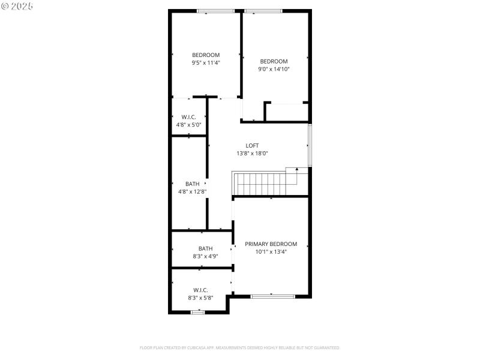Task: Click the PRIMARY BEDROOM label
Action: pyautogui.click(x=271, y=244)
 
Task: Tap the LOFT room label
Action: pyautogui.click(x=252, y=145)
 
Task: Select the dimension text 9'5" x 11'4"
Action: pyautogui.click(x=206, y=62)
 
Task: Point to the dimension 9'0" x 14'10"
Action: pyautogui.click(x=274, y=69)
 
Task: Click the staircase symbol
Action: pyautogui.click(x=259, y=184)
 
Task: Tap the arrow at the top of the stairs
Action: pyautogui.click(x=296, y=170)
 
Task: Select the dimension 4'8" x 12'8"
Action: pyautogui.click(x=192, y=191)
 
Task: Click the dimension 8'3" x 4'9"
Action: pyautogui.click(x=206, y=256)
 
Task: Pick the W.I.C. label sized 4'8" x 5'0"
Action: pyautogui.click(x=188, y=117)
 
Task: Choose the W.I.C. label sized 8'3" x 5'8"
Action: pyautogui.click(x=200, y=290)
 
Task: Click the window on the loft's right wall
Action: pyautogui.click(x=310, y=145)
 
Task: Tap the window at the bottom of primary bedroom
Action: pyautogui.click(x=272, y=296)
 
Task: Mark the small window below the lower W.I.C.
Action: pyautogui.click(x=197, y=312)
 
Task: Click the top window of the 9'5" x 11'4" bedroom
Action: pyautogui.click(x=216, y=11)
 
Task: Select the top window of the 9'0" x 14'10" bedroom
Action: pyautogui.click(x=263, y=11)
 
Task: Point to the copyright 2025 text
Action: pyautogui.click(x=17, y=6)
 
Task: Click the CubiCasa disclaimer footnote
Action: pyautogui.click(x=240, y=347)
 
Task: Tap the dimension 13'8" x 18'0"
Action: pyautogui.click(x=252, y=153)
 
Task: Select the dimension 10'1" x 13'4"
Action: pyautogui.click(x=271, y=252)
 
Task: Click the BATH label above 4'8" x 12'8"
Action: pyautogui.click(x=192, y=184)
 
